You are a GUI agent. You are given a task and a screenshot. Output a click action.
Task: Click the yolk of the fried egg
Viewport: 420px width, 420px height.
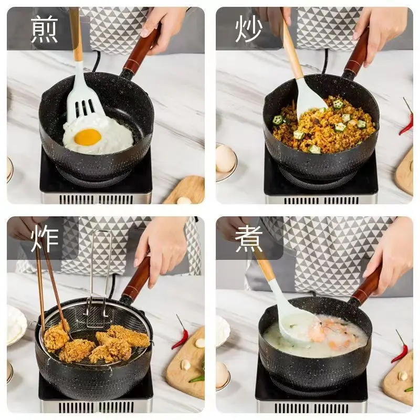88,137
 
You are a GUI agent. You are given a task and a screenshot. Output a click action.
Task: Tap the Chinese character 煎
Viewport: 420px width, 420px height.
45,29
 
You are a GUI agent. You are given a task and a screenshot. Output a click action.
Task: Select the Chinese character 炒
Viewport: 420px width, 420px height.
248,29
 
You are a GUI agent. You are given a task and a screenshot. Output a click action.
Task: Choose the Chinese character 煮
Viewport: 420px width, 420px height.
248,238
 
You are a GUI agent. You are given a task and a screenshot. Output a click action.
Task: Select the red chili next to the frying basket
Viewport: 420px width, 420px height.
180,333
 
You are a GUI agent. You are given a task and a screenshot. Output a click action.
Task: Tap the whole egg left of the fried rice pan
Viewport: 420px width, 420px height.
225,159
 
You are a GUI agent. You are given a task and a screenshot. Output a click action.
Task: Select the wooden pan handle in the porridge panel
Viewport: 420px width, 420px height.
366,285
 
